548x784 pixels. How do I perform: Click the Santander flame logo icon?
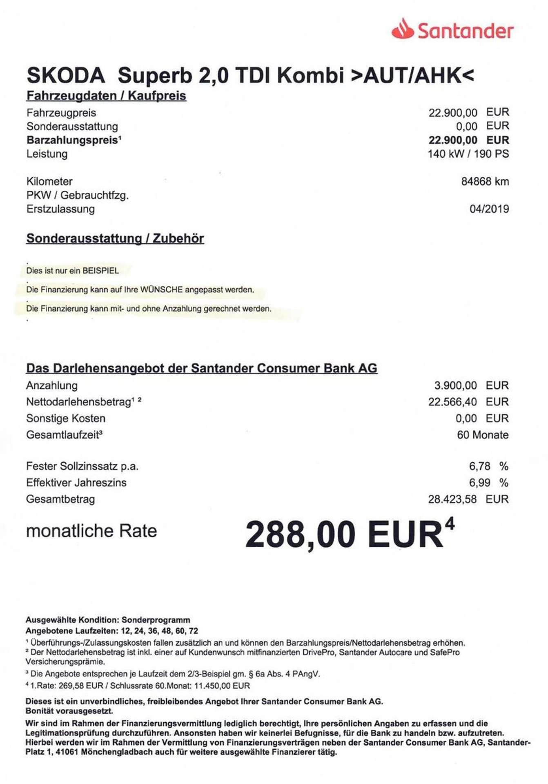(x=402, y=30)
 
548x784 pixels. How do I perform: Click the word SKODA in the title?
(x=66, y=76)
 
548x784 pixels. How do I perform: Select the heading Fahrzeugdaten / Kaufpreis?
(x=106, y=96)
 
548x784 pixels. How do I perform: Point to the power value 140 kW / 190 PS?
(x=468, y=154)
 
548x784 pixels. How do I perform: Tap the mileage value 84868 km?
(x=485, y=181)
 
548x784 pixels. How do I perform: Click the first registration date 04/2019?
(x=489, y=209)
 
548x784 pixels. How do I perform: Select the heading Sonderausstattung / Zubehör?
(x=115, y=238)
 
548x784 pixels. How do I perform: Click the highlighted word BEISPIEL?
(x=100, y=271)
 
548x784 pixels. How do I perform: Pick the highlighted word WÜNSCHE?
(x=161, y=290)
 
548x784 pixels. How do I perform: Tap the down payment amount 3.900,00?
(x=455, y=385)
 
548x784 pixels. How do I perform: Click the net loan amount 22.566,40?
(x=452, y=402)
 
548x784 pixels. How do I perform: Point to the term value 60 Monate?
(x=482, y=435)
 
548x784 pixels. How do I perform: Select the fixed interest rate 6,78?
(x=479, y=466)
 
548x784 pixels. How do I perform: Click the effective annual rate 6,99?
(x=479, y=483)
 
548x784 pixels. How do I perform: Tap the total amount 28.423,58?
(x=452, y=499)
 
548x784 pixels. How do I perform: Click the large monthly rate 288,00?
(x=300, y=535)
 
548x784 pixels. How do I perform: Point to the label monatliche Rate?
(x=91, y=531)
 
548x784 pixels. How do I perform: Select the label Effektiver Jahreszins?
(x=76, y=483)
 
